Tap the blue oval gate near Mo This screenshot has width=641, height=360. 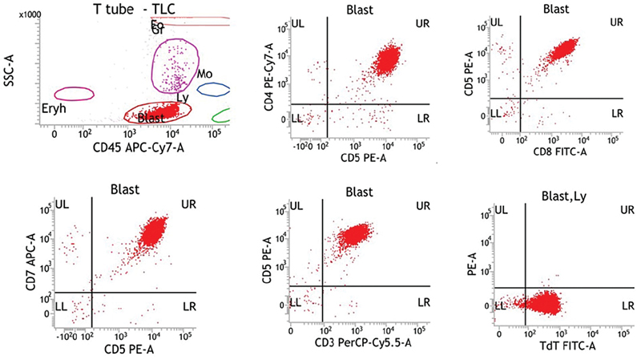[214, 90]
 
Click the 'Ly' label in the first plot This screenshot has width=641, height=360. [183, 98]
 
